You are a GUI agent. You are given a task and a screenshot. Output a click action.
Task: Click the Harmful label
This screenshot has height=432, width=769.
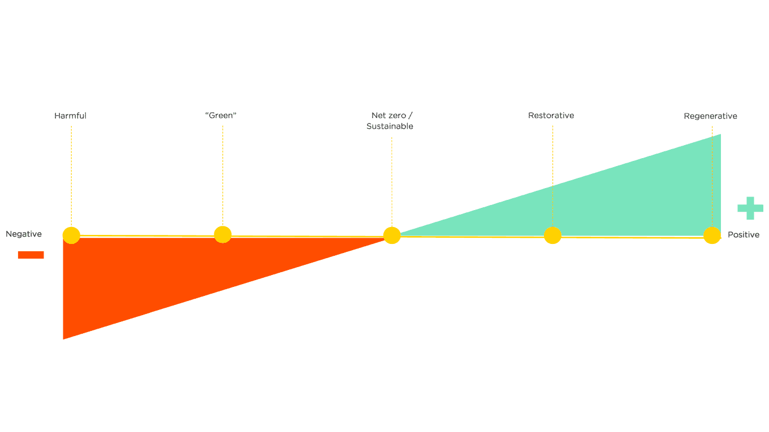point(70,116)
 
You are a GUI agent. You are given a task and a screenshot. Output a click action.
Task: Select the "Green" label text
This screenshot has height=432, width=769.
point(221,116)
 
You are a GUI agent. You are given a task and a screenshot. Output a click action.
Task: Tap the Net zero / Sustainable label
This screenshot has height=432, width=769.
point(390,121)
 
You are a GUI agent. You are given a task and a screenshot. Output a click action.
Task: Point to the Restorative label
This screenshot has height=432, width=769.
point(551,116)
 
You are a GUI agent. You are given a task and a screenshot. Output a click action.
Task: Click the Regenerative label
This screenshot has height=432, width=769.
point(710,116)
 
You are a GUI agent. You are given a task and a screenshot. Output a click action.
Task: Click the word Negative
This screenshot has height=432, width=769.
point(24,234)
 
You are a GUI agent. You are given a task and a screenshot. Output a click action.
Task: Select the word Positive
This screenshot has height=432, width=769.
point(744,235)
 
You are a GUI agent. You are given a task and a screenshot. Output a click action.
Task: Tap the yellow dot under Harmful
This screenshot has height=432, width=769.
point(71,235)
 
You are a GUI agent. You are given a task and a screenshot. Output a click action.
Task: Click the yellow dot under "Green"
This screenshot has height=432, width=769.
point(222,234)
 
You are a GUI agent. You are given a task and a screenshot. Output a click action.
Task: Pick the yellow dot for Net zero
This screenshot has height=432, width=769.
point(392,235)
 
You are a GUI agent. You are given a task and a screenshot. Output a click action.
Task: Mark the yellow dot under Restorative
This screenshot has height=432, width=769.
point(553,235)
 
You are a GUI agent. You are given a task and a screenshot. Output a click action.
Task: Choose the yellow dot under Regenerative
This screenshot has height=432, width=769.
point(712,235)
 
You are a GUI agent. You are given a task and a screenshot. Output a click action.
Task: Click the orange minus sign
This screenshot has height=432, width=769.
point(31,255)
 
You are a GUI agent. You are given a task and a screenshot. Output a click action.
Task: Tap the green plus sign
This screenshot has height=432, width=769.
point(750,208)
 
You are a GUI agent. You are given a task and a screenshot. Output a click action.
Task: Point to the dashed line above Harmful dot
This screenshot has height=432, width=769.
point(71,176)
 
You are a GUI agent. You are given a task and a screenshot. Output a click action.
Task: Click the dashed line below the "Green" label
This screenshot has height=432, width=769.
point(222,176)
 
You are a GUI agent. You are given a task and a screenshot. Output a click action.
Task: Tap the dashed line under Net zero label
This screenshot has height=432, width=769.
point(392,182)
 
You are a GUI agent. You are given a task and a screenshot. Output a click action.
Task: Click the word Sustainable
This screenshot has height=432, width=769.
point(390,126)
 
